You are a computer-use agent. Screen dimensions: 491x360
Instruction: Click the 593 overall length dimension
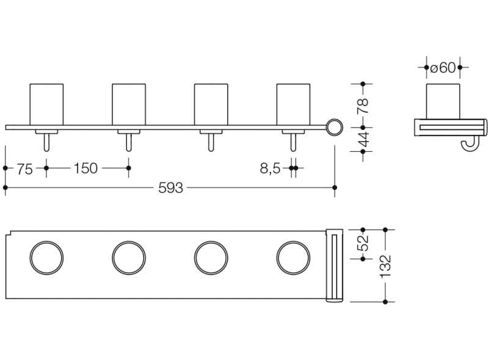(x=170, y=188)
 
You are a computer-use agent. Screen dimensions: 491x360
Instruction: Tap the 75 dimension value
(x=25, y=169)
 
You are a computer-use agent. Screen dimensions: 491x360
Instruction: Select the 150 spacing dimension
(x=85, y=168)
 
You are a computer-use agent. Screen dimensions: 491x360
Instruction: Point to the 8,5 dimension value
(x=270, y=169)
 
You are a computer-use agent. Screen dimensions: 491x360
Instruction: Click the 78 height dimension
(x=363, y=106)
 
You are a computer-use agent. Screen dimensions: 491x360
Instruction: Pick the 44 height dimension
(x=363, y=140)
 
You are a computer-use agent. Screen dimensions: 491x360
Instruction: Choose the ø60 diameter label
(x=443, y=68)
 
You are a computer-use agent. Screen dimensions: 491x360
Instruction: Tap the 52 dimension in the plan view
(x=363, y=243)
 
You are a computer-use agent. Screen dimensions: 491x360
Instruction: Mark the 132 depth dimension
(x=385, y=266)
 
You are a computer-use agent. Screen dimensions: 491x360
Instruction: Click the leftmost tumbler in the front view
(x=46, y=104)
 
